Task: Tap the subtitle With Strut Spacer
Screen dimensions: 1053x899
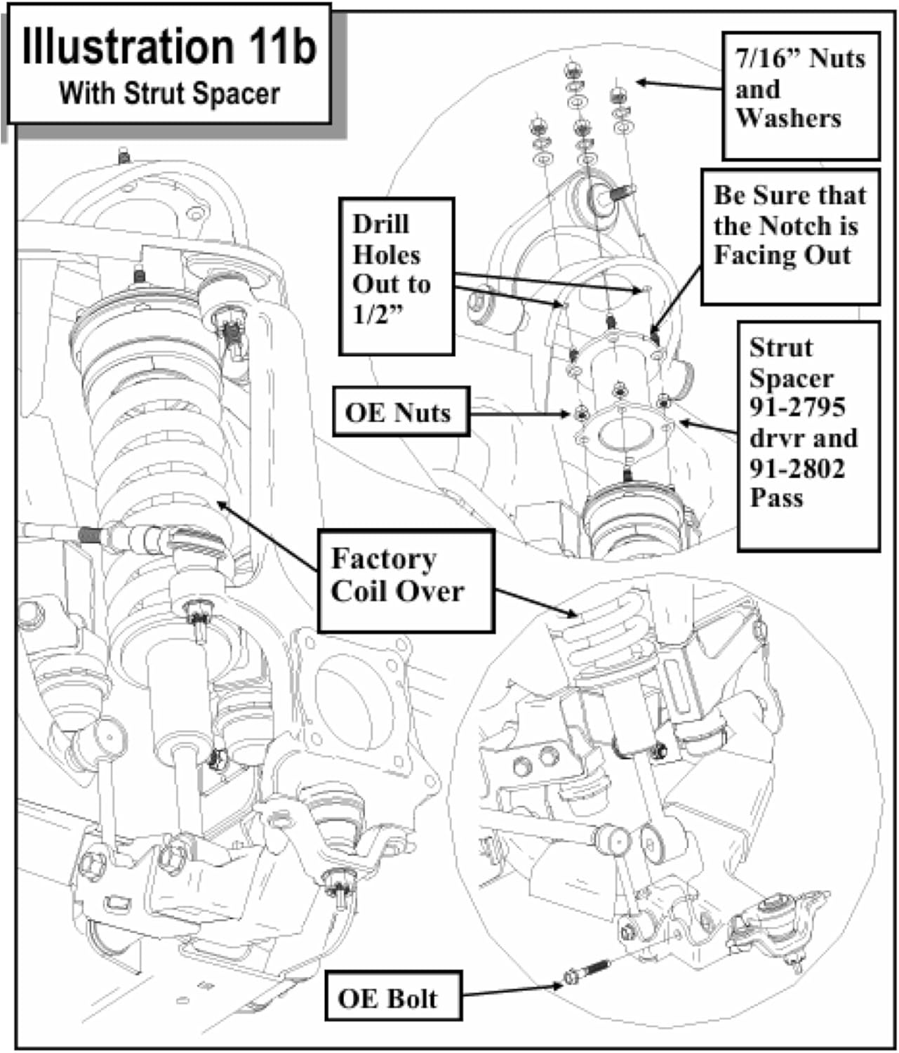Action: tap(169, 93)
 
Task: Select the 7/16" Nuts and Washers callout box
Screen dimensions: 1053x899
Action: tap(800, 95)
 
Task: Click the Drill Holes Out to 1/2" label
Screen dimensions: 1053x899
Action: tap(396, 276)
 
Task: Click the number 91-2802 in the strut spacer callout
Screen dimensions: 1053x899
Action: tap(797, 468)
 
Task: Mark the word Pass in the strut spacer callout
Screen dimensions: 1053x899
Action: tap(775, 498)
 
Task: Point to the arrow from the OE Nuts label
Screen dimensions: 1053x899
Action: tap(519, 414)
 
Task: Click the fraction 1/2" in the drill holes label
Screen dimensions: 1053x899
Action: tap(379, 314)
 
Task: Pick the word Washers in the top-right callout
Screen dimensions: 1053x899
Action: tap(787, 119)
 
